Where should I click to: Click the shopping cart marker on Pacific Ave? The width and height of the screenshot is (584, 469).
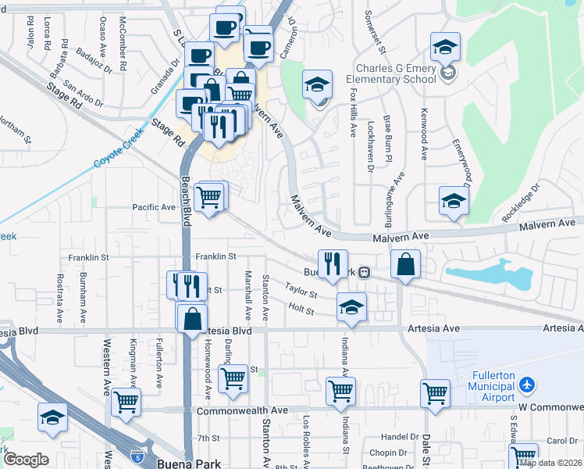[x=208, y=197]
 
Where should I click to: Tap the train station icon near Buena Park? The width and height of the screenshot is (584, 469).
[x=364, y=273]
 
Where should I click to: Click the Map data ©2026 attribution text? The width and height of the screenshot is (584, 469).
[x=550, y=463]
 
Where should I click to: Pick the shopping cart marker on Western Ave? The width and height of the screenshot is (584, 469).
[x=126, y=402]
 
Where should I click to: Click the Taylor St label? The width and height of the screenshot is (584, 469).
[x=301, y=290]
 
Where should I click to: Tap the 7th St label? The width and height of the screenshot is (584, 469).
[x=208, y=438]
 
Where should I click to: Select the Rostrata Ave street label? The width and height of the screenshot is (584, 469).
[x=59, y=298]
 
